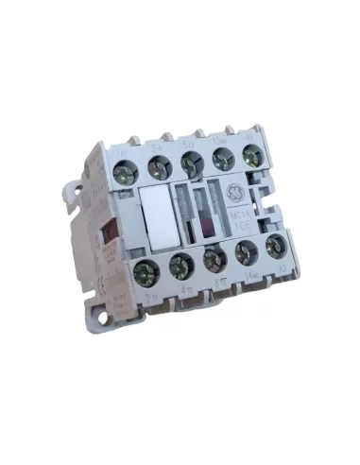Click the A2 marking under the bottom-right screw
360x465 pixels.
tap(281, 267)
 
